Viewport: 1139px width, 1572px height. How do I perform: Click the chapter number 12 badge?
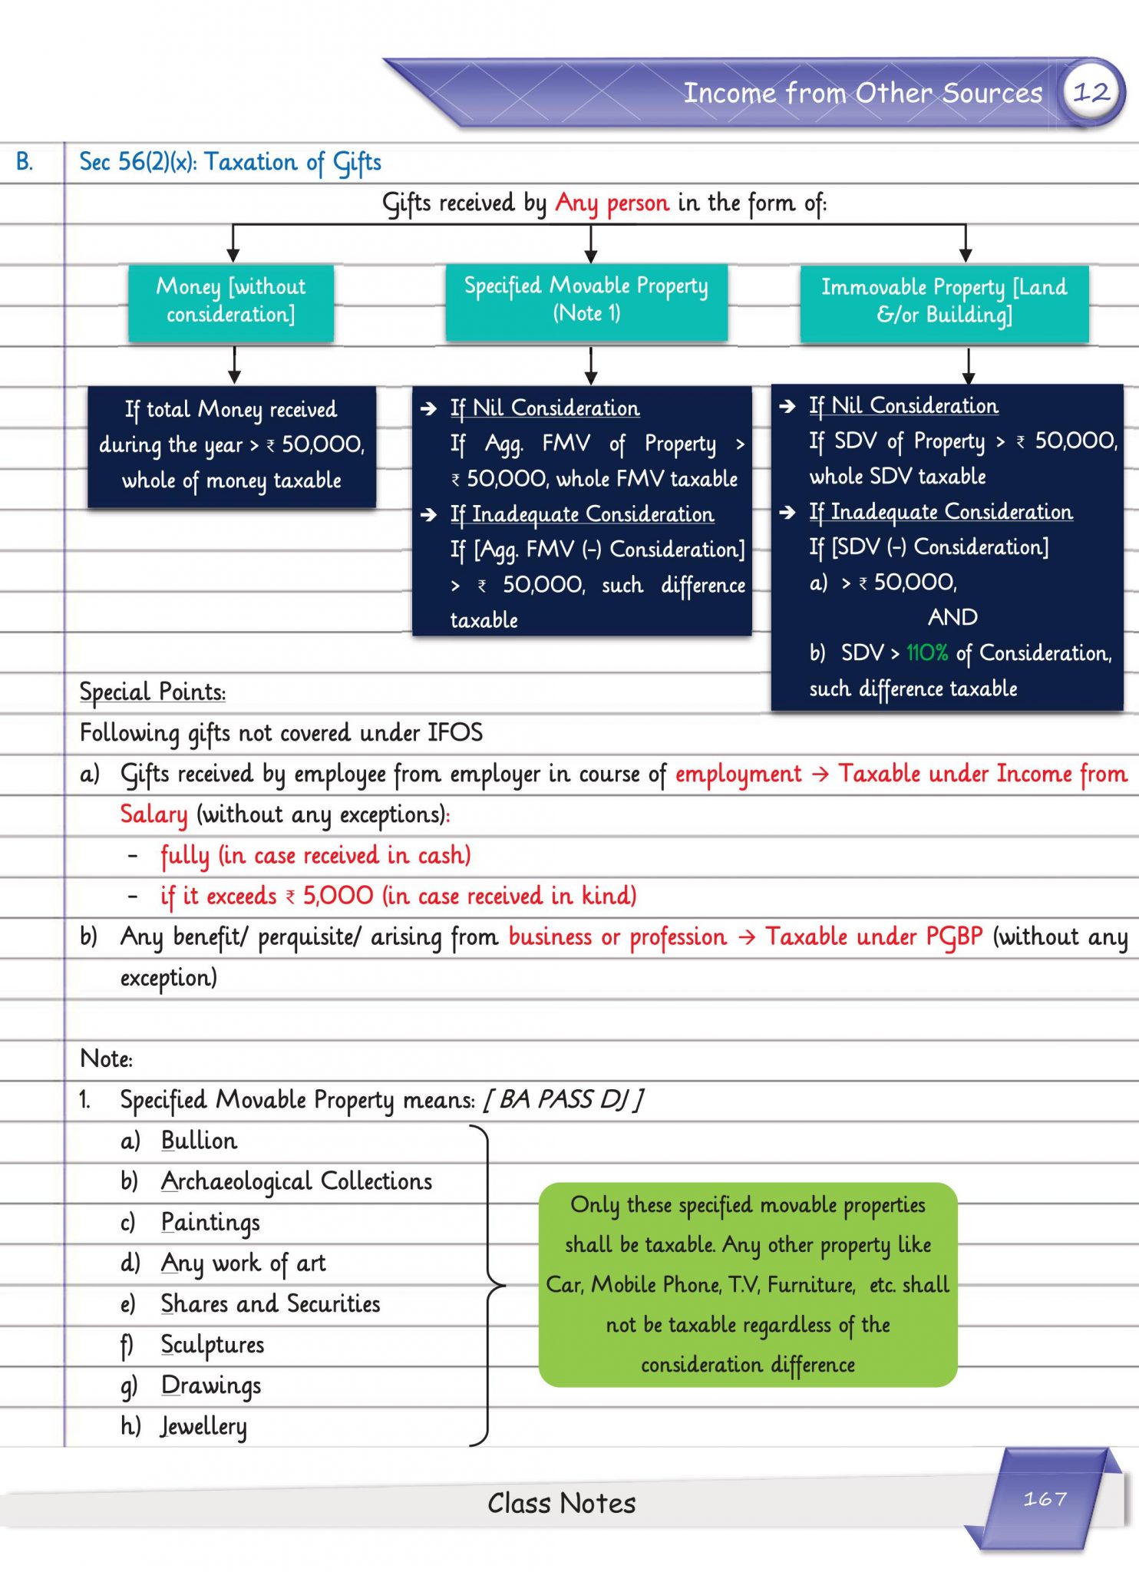coord(1091,93)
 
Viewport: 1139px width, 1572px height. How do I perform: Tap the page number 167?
coord(1045,1498)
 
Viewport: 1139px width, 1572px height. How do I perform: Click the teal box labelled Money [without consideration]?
coord(231,302)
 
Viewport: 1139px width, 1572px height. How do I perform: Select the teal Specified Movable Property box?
coord(586,300)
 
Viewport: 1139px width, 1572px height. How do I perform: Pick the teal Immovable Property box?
coord(944,302)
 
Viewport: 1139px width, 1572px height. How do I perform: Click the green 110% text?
coord(926,653)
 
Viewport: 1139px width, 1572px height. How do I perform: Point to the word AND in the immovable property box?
coord(952,617)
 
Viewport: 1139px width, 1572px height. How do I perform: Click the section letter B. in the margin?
coord(25,162)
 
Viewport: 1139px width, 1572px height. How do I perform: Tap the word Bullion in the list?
coord(199,1141)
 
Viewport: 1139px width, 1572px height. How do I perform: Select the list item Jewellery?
coord(203,1426)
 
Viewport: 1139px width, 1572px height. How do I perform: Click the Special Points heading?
coord(153,692)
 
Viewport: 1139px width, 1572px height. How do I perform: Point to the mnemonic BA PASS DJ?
coord(563,1100)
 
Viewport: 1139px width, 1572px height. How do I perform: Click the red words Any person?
coord(612,203)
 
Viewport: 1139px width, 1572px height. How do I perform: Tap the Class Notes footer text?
coord(562,1503)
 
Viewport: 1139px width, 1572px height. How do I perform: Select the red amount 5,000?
coord(338,896)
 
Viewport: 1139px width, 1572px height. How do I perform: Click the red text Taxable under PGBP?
coord(873,937)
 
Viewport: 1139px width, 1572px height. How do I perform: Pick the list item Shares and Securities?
coord(270,1304)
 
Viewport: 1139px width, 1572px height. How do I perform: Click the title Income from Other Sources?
coord(863,93)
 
